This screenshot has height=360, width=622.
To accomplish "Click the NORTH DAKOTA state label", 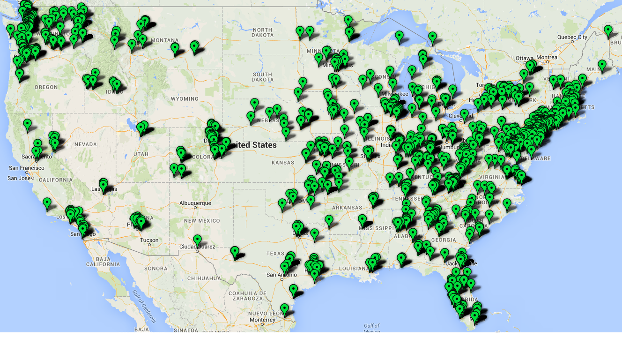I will pos(262,32).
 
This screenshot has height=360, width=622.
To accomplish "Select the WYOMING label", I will pos(185,99).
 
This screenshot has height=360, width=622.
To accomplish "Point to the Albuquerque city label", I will pos(195,203).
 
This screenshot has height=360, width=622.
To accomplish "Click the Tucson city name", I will pos(149,240).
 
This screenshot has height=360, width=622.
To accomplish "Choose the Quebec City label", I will pos(572,37).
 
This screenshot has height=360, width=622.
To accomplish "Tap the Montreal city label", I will pos(548,58).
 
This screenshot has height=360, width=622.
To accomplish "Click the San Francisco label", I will pos(26,168).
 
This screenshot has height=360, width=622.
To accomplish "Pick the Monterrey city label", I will pos(262,320).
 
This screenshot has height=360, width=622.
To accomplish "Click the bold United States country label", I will pos(252,145).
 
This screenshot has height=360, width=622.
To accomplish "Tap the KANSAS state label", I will pos(283,163).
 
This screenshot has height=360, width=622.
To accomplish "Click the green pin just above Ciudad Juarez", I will pos(197,240).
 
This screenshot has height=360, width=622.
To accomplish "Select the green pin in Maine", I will pos(602,65).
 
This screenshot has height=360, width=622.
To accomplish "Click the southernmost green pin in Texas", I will pos(285,308).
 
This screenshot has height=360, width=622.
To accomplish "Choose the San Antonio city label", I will pos(281,275).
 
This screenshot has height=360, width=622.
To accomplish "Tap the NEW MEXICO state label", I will pos(202,220).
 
